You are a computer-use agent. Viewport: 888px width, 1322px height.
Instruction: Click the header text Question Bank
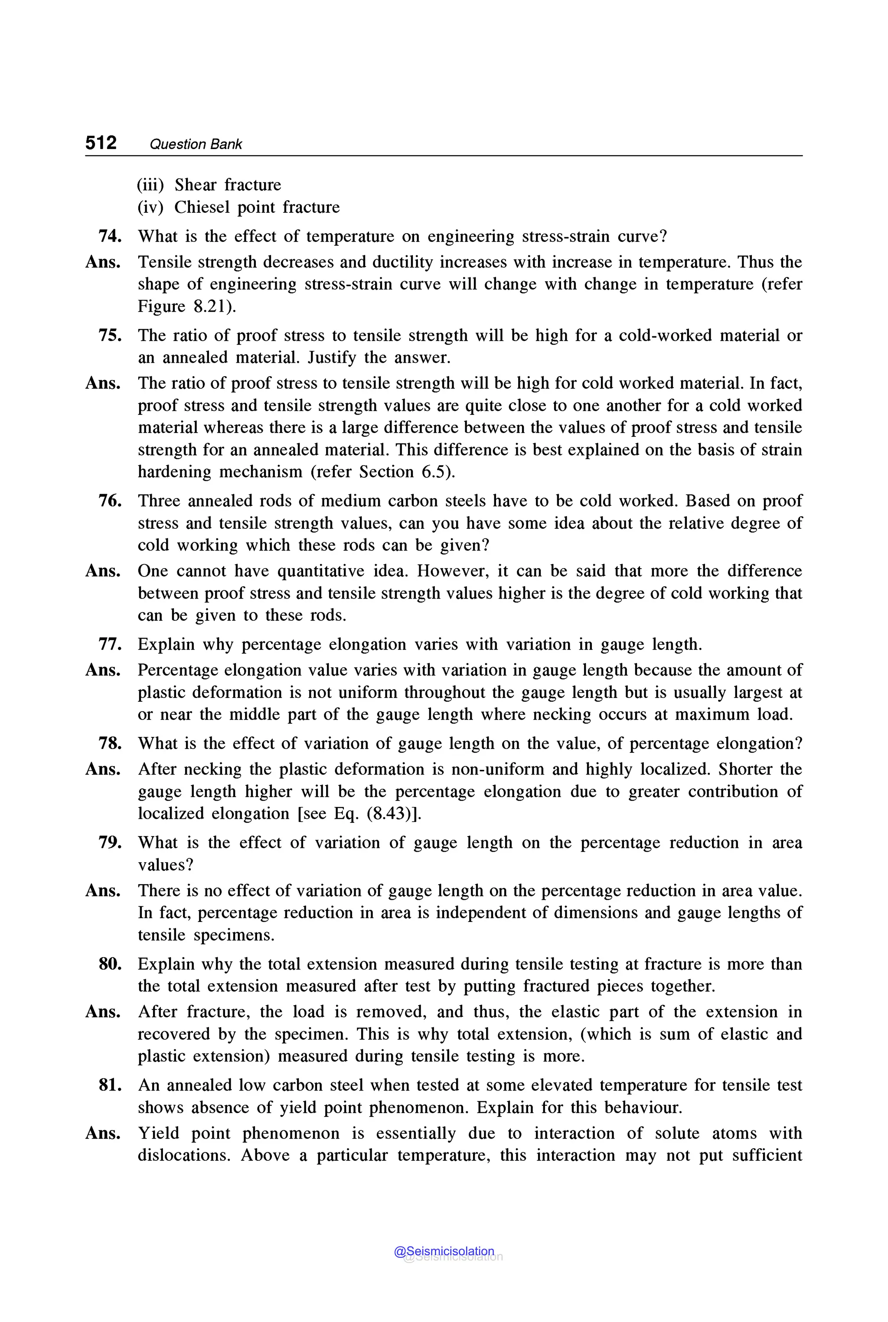click(196, 144)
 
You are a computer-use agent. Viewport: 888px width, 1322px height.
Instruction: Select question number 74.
click(110, 236)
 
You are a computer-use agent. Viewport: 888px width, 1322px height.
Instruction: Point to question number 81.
click(110, 1085)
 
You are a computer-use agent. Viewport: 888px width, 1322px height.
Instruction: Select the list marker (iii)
click(150, 185)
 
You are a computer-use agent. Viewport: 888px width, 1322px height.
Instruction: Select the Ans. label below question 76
click(102, 571)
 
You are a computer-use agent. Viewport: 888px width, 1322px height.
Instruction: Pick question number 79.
click(110, 843)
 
